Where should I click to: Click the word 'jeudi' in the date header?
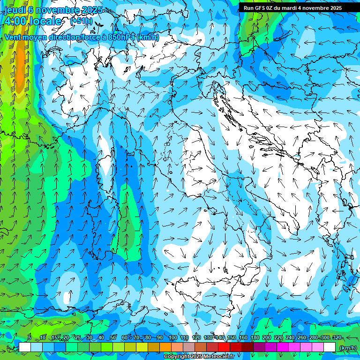[x=14, y=10]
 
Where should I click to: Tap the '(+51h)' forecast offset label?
[x=81, y=21]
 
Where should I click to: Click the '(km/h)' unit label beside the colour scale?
[x=347, y=347]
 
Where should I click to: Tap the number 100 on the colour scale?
[x=172, y=337]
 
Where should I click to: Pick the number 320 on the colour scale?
[x=336, y=337]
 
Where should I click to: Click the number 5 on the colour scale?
[x=30, y=337]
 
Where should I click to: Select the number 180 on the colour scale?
[x=255, y=337]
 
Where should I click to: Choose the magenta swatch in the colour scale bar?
[x=283, y=347]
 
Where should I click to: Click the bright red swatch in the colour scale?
[x=224, y=347]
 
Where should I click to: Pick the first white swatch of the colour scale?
[x=25, y=347]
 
